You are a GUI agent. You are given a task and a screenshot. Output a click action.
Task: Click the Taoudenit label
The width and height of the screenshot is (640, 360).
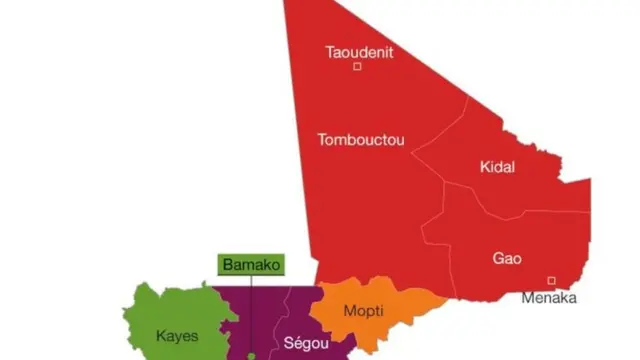click(357, 52)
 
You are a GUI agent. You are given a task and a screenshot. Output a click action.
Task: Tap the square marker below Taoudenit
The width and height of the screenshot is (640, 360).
click(358, 68)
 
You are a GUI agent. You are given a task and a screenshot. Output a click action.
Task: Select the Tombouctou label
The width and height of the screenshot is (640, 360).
click(361, 140)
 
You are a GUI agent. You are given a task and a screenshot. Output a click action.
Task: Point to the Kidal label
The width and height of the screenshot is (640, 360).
click(497, 167)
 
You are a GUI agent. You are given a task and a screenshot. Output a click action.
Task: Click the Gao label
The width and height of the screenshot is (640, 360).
click(507, 258)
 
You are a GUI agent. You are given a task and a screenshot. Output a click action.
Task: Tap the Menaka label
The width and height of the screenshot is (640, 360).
click(549, 297)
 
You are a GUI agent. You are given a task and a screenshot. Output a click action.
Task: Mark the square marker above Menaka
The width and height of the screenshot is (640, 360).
click(550, 280)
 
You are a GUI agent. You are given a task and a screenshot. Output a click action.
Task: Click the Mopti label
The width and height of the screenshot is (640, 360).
click(363, 311)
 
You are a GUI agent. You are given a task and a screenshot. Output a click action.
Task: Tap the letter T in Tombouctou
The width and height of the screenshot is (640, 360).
click(320, 140)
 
